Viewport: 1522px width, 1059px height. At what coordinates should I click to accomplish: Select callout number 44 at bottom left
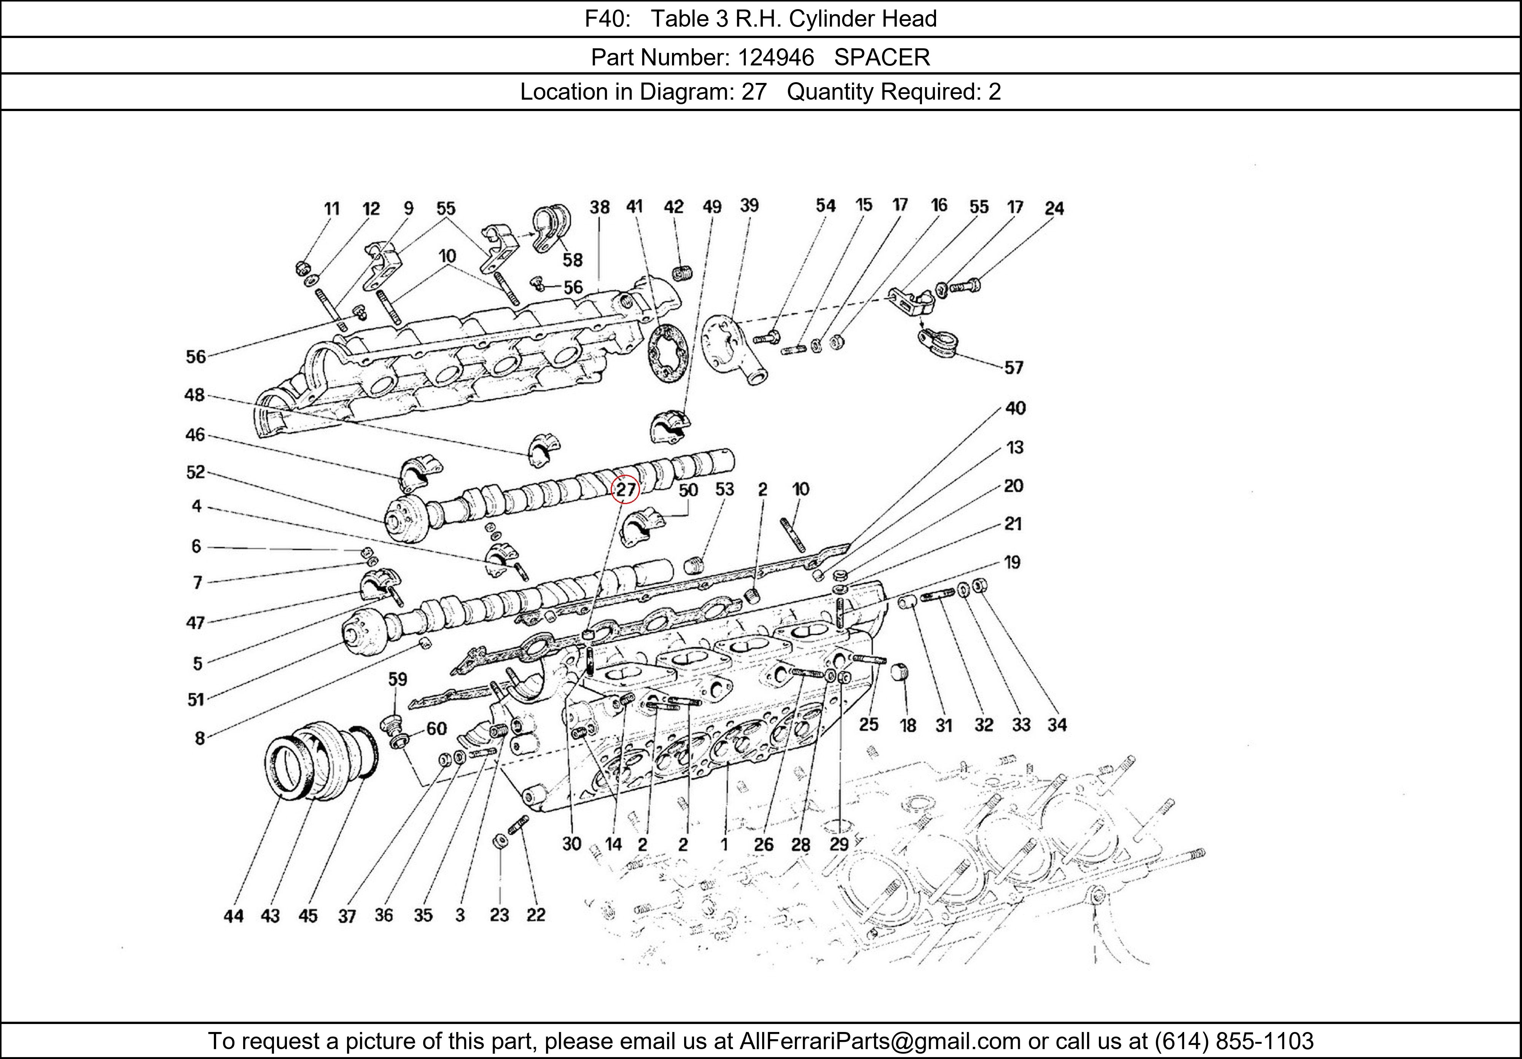pos(233,916)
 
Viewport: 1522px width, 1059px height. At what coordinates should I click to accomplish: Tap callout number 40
pos(1015,408)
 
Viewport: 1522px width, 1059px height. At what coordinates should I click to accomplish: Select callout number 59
pos(397,679)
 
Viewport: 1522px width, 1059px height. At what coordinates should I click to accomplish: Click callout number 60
pos(436,729)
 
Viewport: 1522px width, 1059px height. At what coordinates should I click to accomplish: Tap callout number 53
pos(724,489)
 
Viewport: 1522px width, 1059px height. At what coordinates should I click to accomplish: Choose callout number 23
pos(499,915)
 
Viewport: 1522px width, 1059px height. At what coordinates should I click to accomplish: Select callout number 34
pos(1057,725)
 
